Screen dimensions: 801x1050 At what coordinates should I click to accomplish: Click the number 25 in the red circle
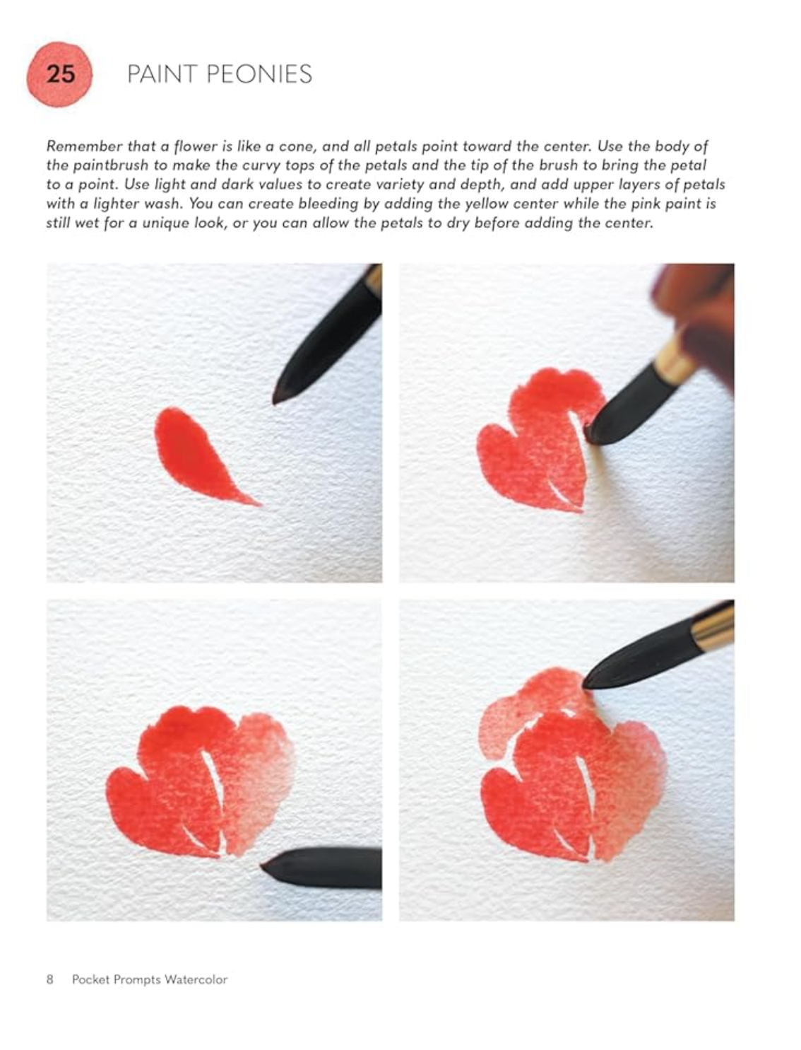(61, 75)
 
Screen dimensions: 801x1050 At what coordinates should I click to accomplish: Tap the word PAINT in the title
(162, 75)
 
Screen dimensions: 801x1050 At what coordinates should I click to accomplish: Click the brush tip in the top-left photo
(277, 398)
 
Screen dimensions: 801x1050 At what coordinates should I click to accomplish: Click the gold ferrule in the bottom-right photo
(713, 629)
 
